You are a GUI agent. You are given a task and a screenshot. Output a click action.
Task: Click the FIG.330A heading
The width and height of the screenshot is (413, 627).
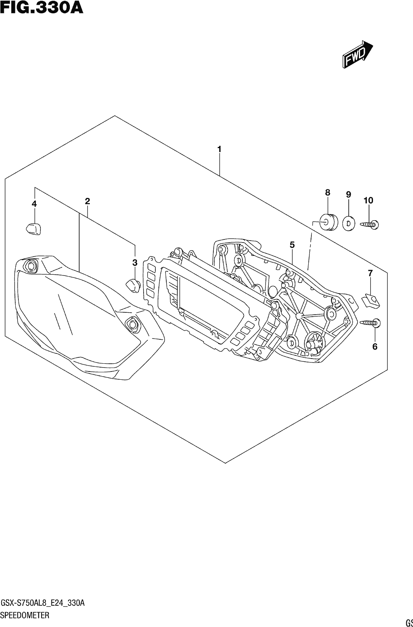(42, 7)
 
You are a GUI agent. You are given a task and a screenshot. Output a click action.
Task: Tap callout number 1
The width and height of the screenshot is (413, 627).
(219, 149)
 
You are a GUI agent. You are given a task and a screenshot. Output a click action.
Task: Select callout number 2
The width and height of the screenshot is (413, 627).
(87, 201)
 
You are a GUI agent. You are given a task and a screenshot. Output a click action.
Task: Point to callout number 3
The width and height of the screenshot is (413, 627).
(135, 263)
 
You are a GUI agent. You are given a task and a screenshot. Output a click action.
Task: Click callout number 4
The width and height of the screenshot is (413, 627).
(34, 204)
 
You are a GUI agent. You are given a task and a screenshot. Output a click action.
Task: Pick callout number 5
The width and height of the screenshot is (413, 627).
(292, 245)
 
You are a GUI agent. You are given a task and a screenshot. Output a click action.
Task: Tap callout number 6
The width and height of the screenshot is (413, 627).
(375, 347)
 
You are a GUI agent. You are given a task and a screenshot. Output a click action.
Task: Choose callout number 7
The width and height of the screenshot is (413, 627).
(370, 273)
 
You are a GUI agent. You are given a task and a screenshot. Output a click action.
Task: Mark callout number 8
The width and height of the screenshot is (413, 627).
(327, 192)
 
